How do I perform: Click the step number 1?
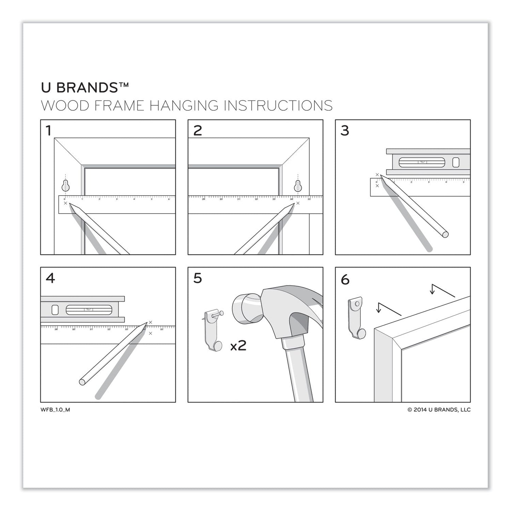tap(49, 131)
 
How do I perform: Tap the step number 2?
tap(197, 131)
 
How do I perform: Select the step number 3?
tap(345, 131)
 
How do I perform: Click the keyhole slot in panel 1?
tap(65, 185)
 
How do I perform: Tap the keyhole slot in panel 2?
tap(298, 185)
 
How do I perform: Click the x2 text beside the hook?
tap(238, 345)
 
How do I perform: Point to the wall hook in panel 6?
tap(356, 317)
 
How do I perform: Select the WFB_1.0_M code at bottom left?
tap(55, 410)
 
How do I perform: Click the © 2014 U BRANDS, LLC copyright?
tap(439, 410)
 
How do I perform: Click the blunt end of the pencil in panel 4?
tap(82, 382)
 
